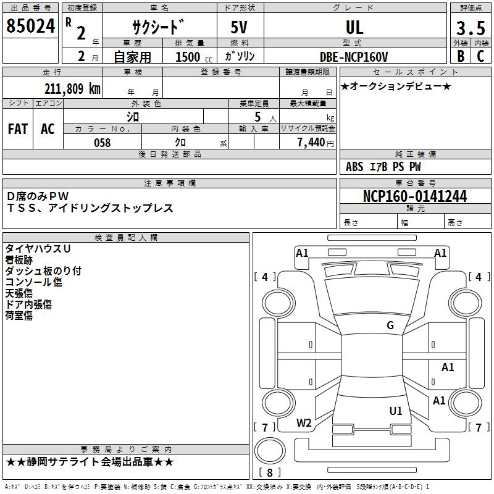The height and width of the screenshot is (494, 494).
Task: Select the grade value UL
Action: coord(354,27)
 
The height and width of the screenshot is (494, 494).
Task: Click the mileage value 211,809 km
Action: coord(72,88)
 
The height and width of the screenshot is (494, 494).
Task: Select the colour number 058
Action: coord(102,143)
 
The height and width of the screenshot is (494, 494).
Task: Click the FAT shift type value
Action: coord(18,129)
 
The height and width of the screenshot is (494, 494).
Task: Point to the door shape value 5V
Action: coord(240,28)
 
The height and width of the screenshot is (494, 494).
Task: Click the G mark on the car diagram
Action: coord(390,325)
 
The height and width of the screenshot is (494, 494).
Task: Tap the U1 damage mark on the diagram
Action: coord(396,411)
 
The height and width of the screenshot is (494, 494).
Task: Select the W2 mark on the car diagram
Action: coord(304,423)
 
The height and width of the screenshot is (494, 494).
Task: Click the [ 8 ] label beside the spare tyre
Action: coord(269,472)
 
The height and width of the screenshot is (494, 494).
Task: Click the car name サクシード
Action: coord(157,28)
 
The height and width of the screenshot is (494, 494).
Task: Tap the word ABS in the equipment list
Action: coord(354,167)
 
